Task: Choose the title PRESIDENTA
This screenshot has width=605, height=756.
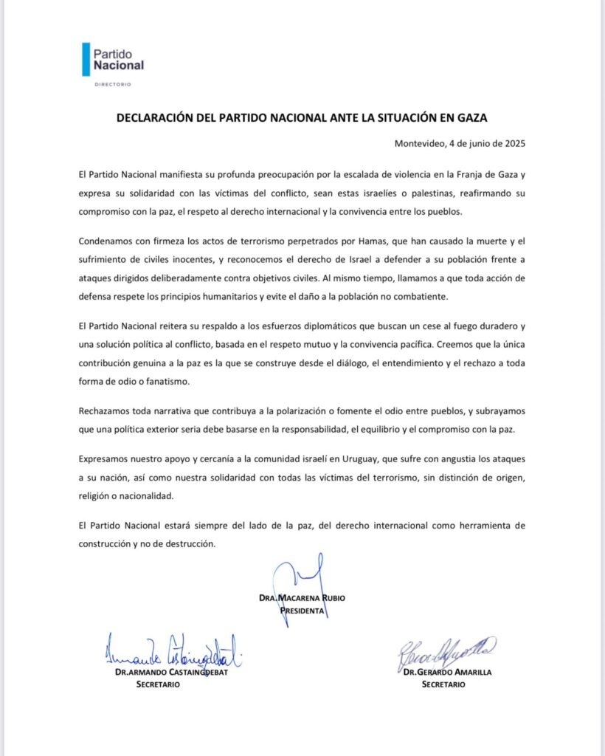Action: coord(302,611)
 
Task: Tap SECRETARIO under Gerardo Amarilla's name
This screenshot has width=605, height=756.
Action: coord(443,684)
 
